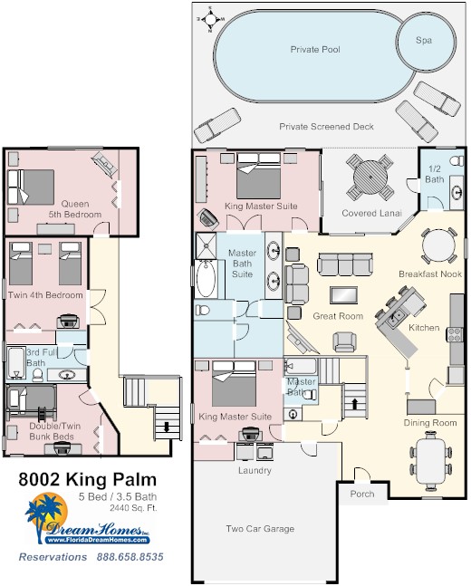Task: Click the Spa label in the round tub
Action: pos(424,40)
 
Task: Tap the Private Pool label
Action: pos(315,49)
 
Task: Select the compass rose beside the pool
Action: pos(210,19)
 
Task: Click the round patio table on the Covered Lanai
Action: pos(370,178)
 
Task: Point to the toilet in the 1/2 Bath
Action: pos(457,160)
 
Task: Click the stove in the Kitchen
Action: pos(455,334)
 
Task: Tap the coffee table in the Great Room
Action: pos(343,295)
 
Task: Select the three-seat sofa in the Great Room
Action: pos(345,264)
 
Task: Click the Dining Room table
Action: pos(430,461)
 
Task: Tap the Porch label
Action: pos(361,494)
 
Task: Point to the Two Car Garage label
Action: pos(260,528)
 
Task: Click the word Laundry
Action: pos(255,470)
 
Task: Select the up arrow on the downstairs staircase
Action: pos(354,404)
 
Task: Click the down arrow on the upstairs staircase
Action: pos(167,426)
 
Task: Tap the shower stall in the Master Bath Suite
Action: pos(206,246)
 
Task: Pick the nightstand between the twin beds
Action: pos(45,249)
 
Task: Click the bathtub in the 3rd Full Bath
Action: pos(16,363)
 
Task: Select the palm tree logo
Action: pos(45,516)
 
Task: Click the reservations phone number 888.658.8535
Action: pos(130,557)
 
